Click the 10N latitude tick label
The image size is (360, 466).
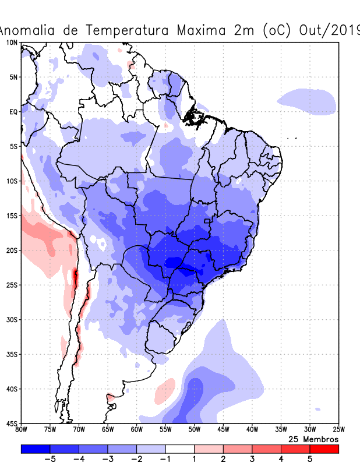pyautogui.click(x=12, y=43)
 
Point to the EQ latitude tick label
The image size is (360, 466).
pyautogui.click(x=13, y=111)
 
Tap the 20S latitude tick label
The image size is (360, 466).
pyautogui.click(x=12, y=250)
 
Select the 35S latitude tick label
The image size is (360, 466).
pyautogui.click(x=12, y=354)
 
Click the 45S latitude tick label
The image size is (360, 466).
pyautogui.click(x=12, y=423)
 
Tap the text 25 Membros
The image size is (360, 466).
pyautogui.click(x=313, y=439)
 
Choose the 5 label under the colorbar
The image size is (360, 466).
pyautogui.click(x=310, y=459)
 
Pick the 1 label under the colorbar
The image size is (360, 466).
pyautogui.click(x=195, y=459)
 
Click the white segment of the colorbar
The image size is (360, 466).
pyautogui.click(x=180, y=449)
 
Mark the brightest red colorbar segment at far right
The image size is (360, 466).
pyautogui.click(x=324, y=449)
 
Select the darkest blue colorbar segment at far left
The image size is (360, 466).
pyautogui.click(x=35, y=449)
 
